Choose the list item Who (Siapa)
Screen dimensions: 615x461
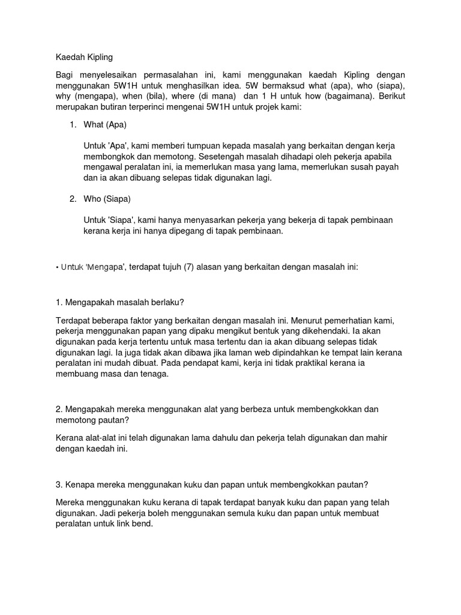click(x=107, y=199)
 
